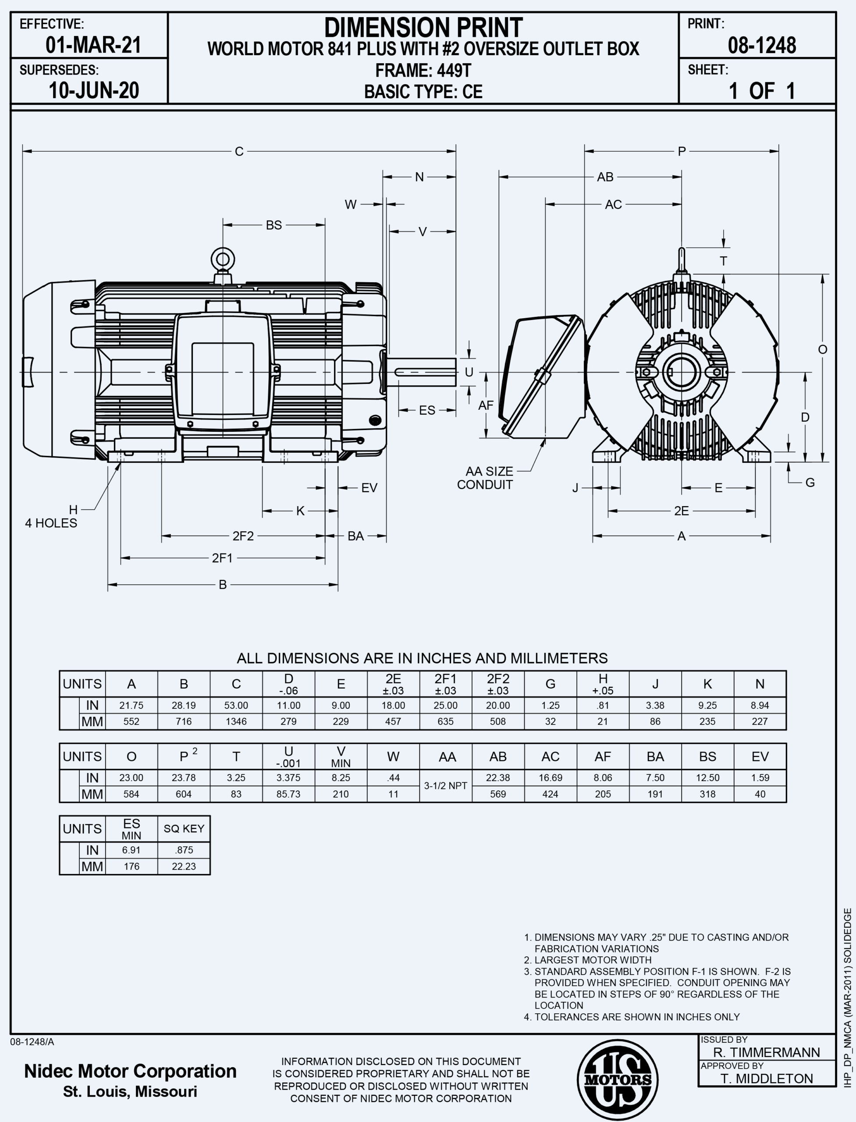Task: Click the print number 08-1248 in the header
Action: click(x=761, y=45)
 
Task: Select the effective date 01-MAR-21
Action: click(x=93, y=45)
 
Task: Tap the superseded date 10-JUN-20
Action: click(x=94, y=91)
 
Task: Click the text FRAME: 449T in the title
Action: click(x=423, y=70)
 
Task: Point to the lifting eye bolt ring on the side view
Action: click(x=223, y=259)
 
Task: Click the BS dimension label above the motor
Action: click(x=273, y=225)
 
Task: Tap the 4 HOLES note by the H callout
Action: click(x=51, y=523)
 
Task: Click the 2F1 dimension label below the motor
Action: click(x=222, y=558)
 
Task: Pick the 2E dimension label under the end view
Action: click(x=681, y=511)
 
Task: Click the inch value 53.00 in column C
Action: click(x=236, y=705)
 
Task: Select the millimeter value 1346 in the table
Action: click(x=236, y=721)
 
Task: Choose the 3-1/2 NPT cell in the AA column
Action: click(x=445, y=786)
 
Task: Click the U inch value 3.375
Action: click(x=288, y=778)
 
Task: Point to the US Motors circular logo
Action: click(x=618, y=1080)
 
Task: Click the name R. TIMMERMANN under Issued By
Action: click(x=766, y=1053)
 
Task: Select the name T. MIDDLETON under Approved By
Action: click(x=766, y=1079)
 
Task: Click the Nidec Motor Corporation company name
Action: click(x=131, y=1071)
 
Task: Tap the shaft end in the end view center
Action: click(x=682, y=372)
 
